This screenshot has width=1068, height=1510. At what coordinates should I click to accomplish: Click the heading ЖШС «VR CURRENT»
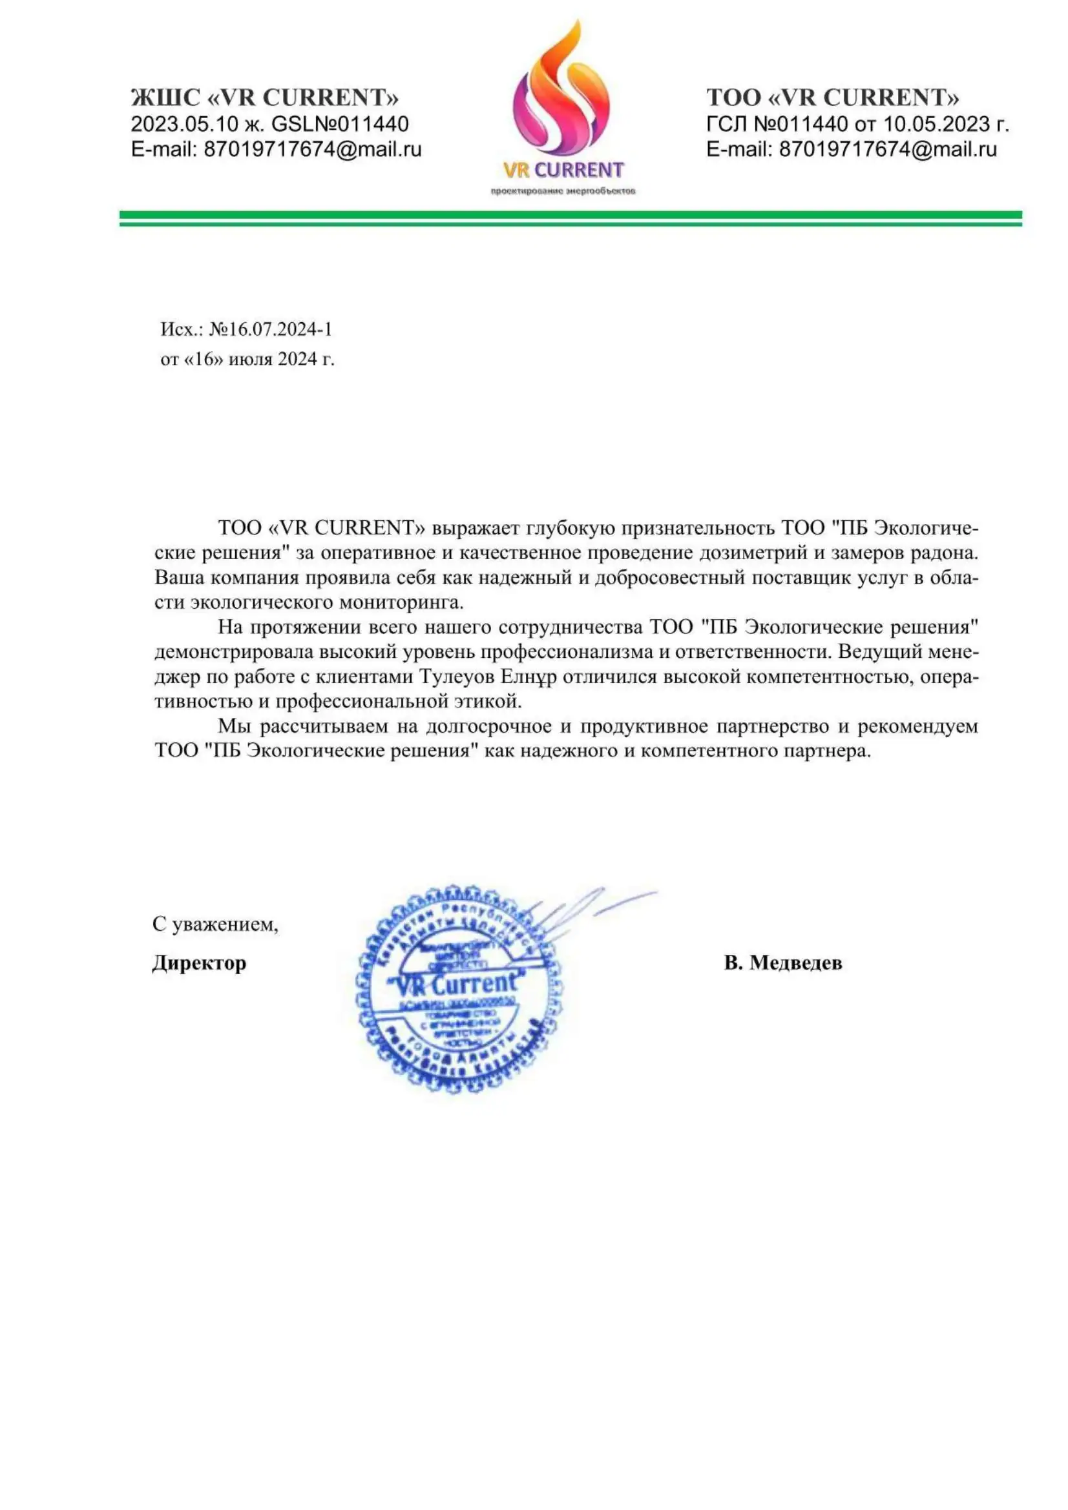tap(264, 98)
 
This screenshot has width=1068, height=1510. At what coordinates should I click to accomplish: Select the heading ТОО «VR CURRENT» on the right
tap(832, 98)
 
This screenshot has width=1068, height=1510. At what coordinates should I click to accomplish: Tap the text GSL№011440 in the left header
tap(340, 124)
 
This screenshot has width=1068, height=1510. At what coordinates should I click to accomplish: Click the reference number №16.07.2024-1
tap(271, 329)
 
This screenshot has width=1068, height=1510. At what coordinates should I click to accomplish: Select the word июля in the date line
tap(249, 359)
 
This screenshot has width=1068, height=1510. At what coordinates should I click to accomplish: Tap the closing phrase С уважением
tap(215, 924)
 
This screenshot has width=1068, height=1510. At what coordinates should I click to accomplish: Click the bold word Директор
tap(199, 963)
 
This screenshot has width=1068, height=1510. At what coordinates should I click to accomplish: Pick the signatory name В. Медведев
tap(782, 963)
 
